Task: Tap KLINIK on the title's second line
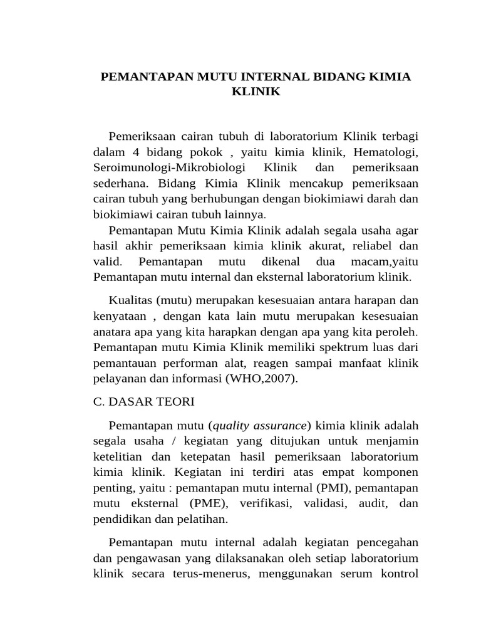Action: coord(256,92)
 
